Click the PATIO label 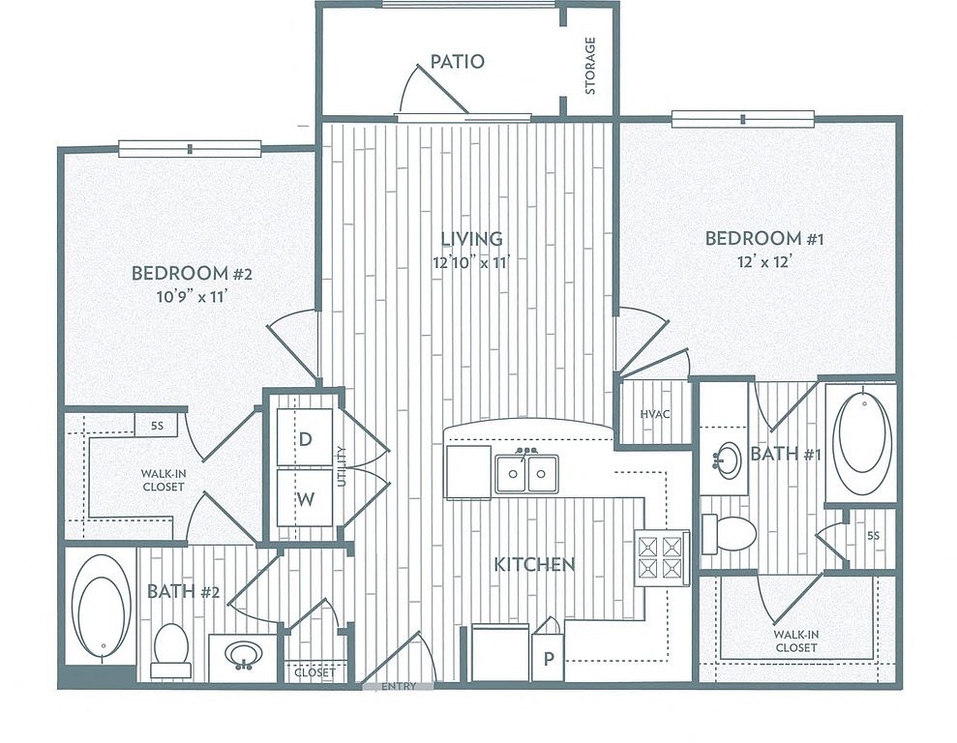pos(457,62)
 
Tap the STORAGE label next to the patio pos(590,67)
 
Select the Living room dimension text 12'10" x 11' pos(471,263)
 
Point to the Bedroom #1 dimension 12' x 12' pos(764,262)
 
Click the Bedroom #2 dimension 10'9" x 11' pos(193,297)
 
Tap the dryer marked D pos(305,438)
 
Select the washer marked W pos(305,498)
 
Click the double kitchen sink pos(526,473)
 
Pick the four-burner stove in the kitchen pos(662,557)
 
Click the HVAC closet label pos(655,414)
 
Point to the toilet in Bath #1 pos(729,534)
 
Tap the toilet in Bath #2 pos(170,650)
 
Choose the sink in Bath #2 pos(244,656)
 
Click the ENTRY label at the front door pos(399,686)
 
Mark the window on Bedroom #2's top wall pos(190,148)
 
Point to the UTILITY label pos(342,466)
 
